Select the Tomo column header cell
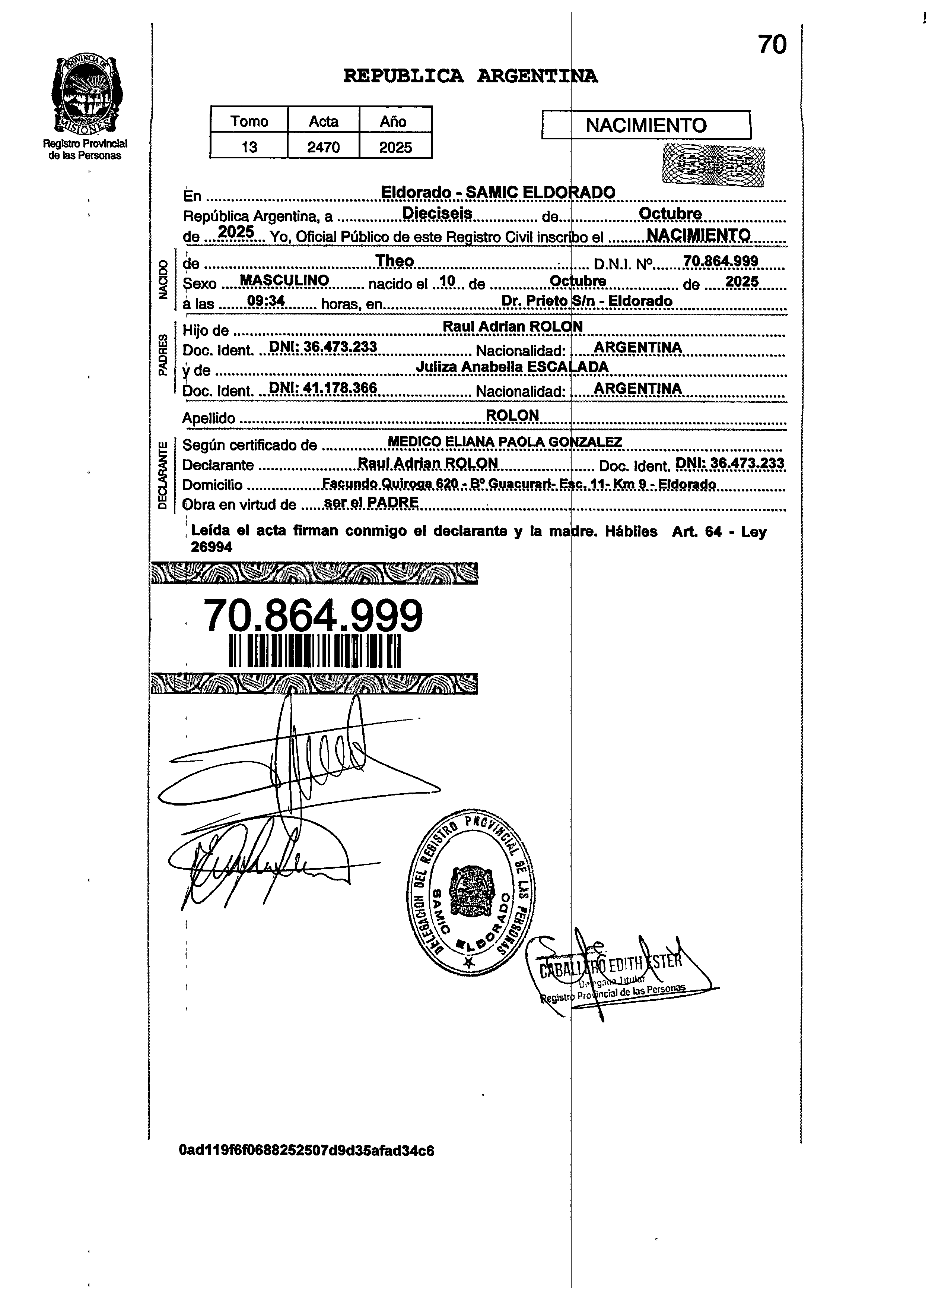tap(249, 121)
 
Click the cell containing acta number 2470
tap(323, 147)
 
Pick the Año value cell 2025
tap(395, 147)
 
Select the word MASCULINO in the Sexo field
tap(284, 280)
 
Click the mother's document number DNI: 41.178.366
tap(322, 388)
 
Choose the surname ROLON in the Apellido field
tap(512, 415)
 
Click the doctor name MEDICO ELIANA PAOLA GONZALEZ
tap(505, 442)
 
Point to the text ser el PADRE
tap(371, 503)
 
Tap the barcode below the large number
tap(315, 651)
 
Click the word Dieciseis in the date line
tap(437, 213)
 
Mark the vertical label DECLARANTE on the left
tap(163, 475)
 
